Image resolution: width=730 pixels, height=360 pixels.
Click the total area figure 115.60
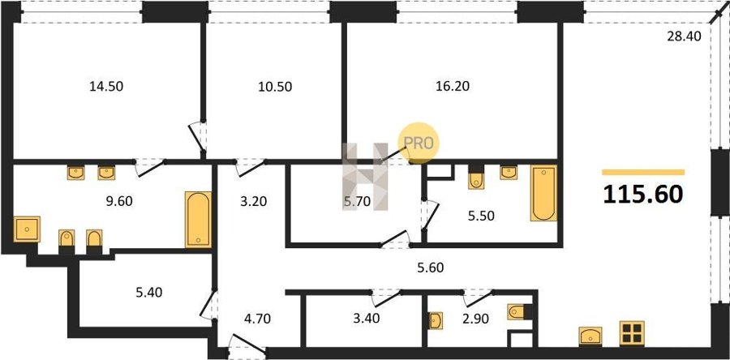pyautogui.click(x=643, y=195)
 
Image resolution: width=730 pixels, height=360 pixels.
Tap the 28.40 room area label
pyautogui.click(x=684, y=36)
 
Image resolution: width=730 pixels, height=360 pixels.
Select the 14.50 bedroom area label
pyautogui.click(x=106, y=87)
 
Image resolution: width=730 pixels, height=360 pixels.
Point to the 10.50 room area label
pyautogui.click(x=275, y=87)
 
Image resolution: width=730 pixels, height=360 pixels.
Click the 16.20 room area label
pyautogui.click(x=452, y=86)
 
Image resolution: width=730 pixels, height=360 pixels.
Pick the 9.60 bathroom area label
pyautogui.click(x=118, y=201)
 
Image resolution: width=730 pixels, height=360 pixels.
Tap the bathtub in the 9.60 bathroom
pyautogui.click(x=199, y=220)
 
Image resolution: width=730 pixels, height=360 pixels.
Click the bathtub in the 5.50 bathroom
pyautogui.click(x=543, y=193)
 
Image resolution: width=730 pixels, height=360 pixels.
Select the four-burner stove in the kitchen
pyautogui.click(x=632, y=333)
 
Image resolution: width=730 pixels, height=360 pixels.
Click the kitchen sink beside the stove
pyautogui.click(x=590, y=336)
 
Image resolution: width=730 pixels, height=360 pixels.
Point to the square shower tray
pyautogui.click(x=27, y=229)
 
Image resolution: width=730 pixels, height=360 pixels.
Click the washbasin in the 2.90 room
pyautogui.click(x=436, y=320)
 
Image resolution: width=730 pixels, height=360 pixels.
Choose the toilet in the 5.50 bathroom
pyautogui.click(x=476, y=178)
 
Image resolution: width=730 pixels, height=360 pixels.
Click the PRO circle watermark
pyautogui.click(x=418, y=143)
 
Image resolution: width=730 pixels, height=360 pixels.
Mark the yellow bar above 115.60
pyautogui.click(x=643, y=172)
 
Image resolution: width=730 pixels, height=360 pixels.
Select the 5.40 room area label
pyautogui.click(x=149, y=293)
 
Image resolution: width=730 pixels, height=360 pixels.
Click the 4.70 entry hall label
pyautogui.click(x=257, y=319)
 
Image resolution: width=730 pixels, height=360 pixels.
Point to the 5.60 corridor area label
pyautogui.click(x=431, y=268)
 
